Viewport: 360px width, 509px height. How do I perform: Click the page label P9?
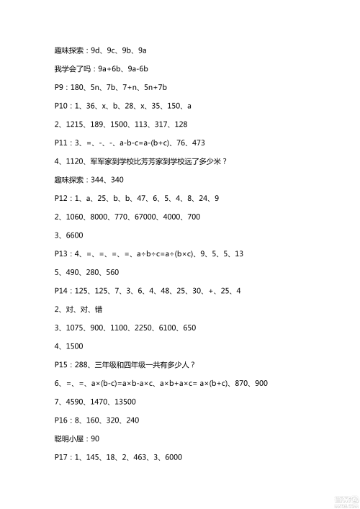point(60,88)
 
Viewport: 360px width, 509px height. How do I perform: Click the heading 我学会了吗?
point(72,69)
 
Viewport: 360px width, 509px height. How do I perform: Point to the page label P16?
point(62,420)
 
